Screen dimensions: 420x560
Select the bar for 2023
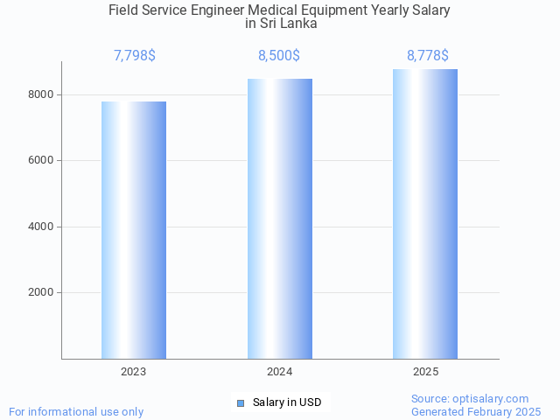pos(134,230)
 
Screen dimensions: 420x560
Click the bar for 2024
pos(280,219)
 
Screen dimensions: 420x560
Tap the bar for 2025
pos(425,214)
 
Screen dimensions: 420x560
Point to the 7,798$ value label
pos(135,56)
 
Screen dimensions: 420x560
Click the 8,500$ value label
pos(279,56)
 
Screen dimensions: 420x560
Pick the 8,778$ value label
pos(427,56)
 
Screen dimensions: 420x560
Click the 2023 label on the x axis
pos(134,372)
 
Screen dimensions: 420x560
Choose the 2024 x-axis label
pos(280,372)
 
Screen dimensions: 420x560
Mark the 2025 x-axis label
pos(425,372)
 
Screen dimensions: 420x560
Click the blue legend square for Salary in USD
pos(241,402)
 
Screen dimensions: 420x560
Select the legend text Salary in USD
pos(287,402)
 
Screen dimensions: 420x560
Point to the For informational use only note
pos(76,411)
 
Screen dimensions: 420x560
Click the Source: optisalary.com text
pos(470,399)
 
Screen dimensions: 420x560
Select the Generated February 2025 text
pos(476,411)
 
